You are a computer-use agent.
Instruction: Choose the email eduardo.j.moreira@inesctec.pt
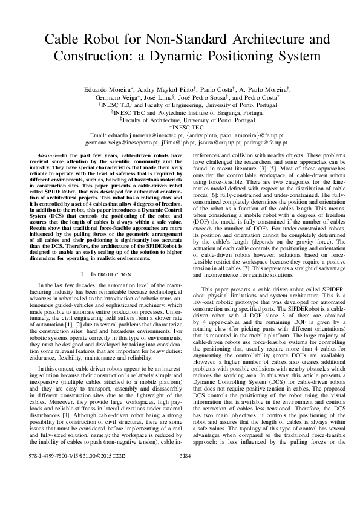tap(141, 135)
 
